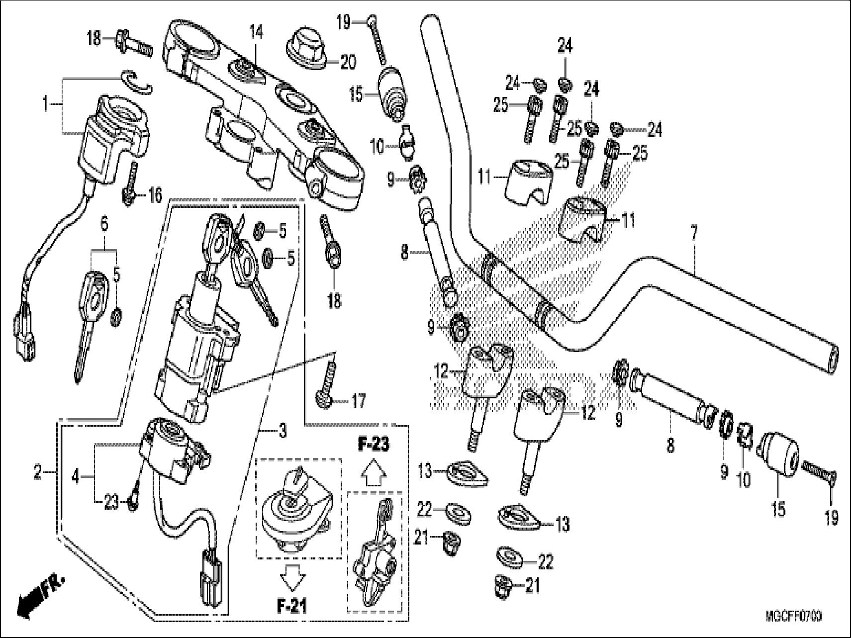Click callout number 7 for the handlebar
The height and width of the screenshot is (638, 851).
[x=694, y=232]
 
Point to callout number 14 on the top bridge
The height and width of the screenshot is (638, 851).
[x=256, y=34]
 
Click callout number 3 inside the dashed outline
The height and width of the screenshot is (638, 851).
[x=282, y=431]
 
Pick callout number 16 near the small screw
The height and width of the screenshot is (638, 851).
[x=155, y=195]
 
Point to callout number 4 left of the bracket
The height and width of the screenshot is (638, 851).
[x=75, y=477]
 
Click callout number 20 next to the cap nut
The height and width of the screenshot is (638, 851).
[x=348, y=62]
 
